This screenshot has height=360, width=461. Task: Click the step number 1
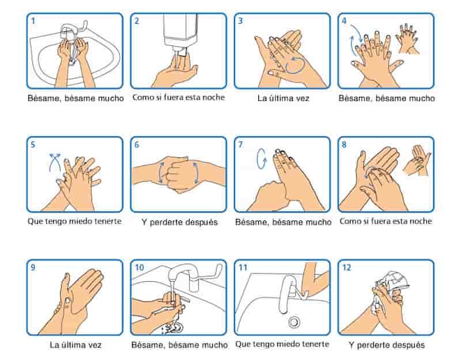pos(33,21)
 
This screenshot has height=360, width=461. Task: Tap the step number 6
pos(137,145)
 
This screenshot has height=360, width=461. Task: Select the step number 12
pos(347,267)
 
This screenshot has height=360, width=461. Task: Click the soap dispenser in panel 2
pos(180,34)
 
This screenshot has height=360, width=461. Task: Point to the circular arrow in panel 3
pos(296,65)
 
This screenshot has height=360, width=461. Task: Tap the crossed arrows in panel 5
pos(55,162)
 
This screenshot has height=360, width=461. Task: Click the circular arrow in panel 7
pos(261,159)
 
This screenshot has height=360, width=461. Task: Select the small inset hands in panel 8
pos(417,161)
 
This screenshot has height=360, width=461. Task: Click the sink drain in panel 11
pos(294,322)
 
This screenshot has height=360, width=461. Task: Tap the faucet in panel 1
pos(71,31)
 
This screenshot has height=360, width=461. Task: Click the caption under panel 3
pos(283,98)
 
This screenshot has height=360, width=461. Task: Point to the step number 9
pos(33,267)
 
